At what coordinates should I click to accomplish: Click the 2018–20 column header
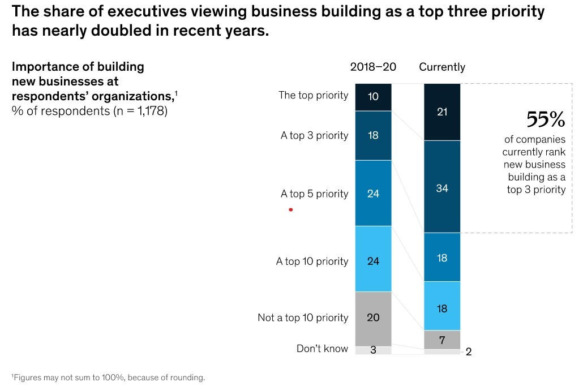[x=373, y=67]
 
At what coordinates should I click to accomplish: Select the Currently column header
[x=442, y=67]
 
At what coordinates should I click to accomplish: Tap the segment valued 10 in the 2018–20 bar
[x=374, y=97]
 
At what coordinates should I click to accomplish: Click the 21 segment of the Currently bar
[x=442, y=112]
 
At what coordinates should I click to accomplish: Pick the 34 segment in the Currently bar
[x=442, y=187]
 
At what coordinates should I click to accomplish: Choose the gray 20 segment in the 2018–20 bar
[x=374, y=319]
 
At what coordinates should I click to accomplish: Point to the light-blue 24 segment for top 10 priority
[x=374, y=259]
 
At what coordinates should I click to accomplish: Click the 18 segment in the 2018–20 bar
[x=374, y=136]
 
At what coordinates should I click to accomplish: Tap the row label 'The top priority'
[x=314, y=96]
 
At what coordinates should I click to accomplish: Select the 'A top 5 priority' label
[x=314, y=194]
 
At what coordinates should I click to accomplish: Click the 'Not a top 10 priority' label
[x=303, y=318]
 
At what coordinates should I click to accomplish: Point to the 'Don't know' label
[x=323, y=349]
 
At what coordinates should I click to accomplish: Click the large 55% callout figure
[x=546, y=119]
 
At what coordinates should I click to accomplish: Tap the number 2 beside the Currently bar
[x=469, y=352]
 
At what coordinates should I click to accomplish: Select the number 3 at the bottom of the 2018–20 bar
[x=374, y=350]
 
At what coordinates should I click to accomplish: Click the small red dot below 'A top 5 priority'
[x=291, y=210]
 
